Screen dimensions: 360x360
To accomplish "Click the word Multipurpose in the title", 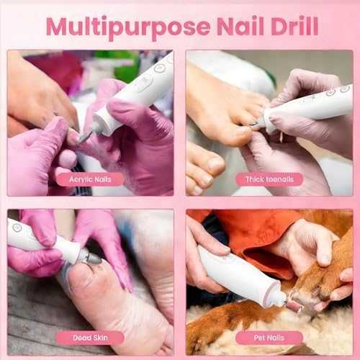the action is (x=128, y=27).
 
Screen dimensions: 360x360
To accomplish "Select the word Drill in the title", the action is (x=294, y=26).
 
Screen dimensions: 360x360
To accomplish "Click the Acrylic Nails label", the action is (x=90, y=179).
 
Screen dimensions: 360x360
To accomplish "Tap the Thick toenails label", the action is (x=269, y=179).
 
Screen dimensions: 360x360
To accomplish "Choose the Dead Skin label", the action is (x=90, y=338).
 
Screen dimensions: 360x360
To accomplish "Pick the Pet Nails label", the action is (x=269, y=338).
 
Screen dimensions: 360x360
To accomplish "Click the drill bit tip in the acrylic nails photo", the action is (x=79, y=142).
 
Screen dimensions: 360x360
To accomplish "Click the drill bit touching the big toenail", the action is (x=254, y=123).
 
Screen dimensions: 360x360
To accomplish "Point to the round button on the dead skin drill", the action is (x=17, y=227).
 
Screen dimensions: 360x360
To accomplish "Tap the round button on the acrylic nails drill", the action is (x=158, y=68).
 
